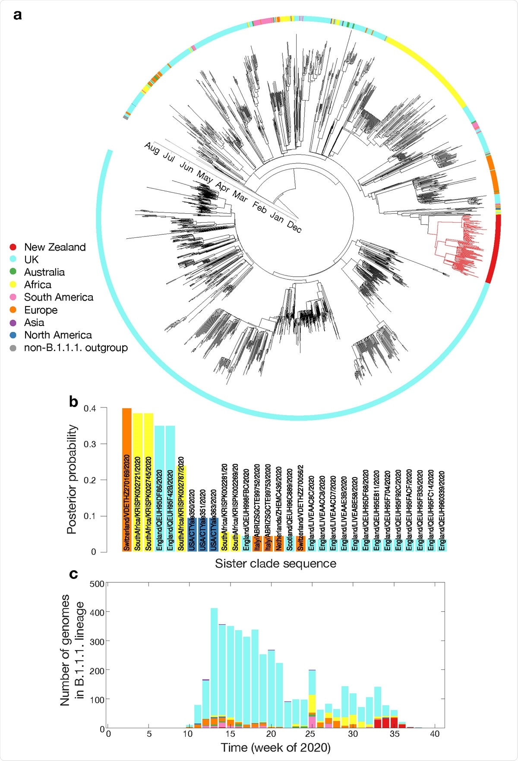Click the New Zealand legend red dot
pyautogui.click(x=13, y=247)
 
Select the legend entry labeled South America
pyautogui.click(x=58, y=297)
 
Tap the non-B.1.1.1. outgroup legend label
pyautogui.click(x=76, y=348)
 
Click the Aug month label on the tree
pyautogui.click(x=152, y=148)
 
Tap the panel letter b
pyautogui.click(x=73, y=402)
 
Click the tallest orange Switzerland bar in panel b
pyautogui.click(x=126, y=479)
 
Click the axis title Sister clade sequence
pyautogui.click(x=275, y=564)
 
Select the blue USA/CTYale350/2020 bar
pyautogui.click(x=192, y=534)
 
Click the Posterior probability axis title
pyautogui.click(x=72, y=479)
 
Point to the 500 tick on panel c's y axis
pyautogui.click(x=97, y=584)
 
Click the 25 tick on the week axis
pyautogui.click(x=310, y=734)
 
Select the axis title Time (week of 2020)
pyautogui.click(x=275, y=748)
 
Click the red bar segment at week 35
pyautogui.click(x=394, y=723)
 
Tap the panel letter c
pyautogui.click(x=73, y=574)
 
